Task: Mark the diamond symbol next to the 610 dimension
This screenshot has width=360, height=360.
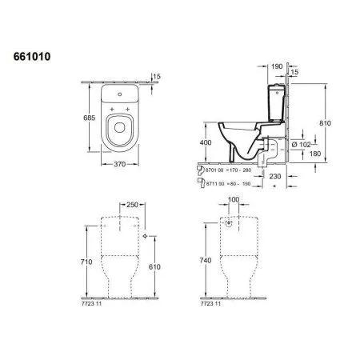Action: (145, 238)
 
